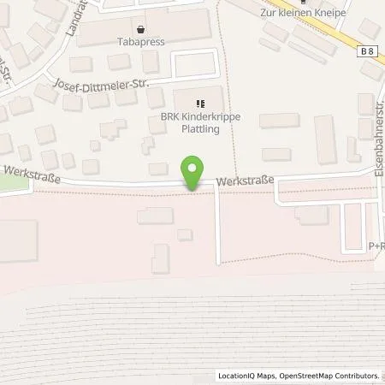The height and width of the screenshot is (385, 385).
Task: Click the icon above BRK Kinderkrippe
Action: click(x=198, y=104)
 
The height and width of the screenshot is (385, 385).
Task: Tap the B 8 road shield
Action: click(x=367, y=53)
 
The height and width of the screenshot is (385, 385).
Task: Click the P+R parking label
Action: click(x=376, y=246)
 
